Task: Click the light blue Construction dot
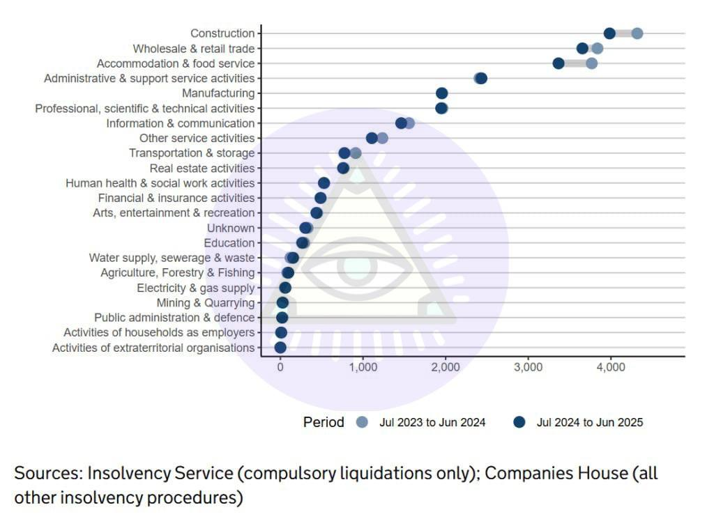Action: click(x=637, y=33)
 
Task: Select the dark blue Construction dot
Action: click(x=609, y=33)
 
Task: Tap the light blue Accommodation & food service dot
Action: click(x=591, y=63)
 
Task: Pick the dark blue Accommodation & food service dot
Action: click(x=559, y=63)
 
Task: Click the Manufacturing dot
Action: click(x=441, y=93)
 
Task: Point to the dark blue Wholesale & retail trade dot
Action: click(x=582, y=48)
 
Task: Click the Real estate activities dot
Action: click(x=343, y=168)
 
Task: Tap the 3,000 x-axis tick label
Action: click(x=528, y=368)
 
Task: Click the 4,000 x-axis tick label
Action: click(x=611, y=368)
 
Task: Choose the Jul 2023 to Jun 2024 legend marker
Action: click(x=361, y=422)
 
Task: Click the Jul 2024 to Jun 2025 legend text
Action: click(x=589, y=422)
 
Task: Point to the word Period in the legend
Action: click(x=324, y=422)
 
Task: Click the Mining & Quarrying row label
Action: click(x=205, y=302)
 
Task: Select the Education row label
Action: click(x=229, y=243)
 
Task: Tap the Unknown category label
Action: click(x=230, y=228)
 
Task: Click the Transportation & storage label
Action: click(x=192, y=153)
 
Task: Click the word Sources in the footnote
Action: click(x=47, y=474)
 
